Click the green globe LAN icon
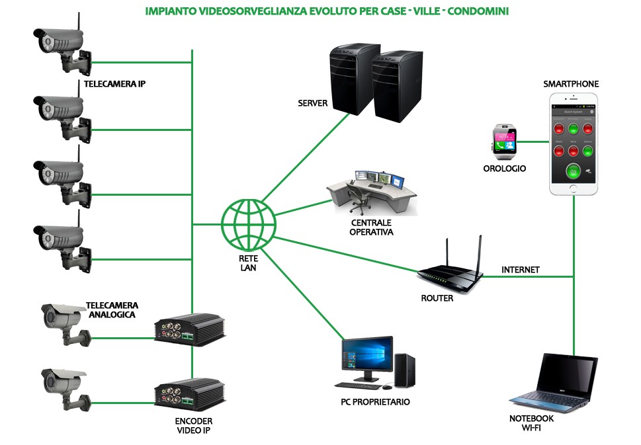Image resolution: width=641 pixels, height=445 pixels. pos(248,222)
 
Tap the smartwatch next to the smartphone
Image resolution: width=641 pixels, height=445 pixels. pos(503,142)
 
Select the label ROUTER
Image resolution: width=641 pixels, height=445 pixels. pos(437,298)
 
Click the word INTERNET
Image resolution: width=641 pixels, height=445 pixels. pos(521,270)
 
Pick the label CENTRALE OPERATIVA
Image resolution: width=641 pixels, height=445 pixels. pos(371,227)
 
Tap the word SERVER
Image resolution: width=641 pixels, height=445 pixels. pos(313,103)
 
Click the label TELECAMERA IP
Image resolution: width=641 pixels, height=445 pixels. pos(114,84)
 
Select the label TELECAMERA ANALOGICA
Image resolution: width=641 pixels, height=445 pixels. pos(111,309)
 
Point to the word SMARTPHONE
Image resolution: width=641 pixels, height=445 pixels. pos(571,84)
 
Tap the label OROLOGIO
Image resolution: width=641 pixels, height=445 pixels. pos(505,169)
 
